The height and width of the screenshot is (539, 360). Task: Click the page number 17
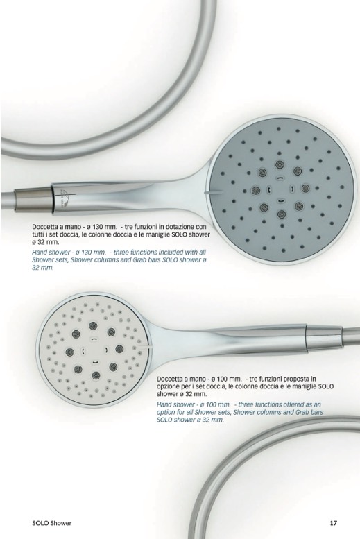[333, 523]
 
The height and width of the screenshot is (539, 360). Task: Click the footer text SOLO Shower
[52, 523]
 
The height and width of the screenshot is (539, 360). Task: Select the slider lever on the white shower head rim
[144, 347]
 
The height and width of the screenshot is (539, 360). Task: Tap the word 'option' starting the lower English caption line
[165, 412]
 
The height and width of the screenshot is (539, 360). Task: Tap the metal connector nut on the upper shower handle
[34, 198]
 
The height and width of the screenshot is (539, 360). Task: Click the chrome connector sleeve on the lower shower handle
[323, 336]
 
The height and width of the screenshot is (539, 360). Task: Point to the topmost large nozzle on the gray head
[279, 164]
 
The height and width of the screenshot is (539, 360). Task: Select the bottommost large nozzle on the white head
[96, 375]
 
